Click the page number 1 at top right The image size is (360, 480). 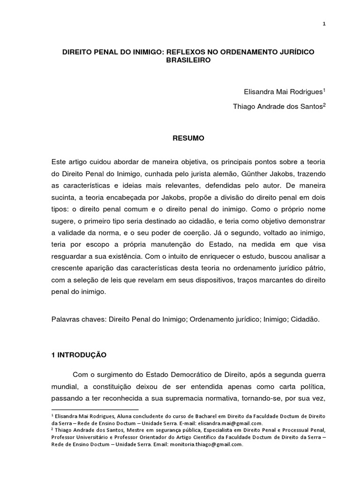click(324, 25)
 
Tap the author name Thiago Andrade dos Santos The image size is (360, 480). click(277, 107)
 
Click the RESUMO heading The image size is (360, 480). click(187, 138)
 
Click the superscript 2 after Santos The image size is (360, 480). click(323, 105)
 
